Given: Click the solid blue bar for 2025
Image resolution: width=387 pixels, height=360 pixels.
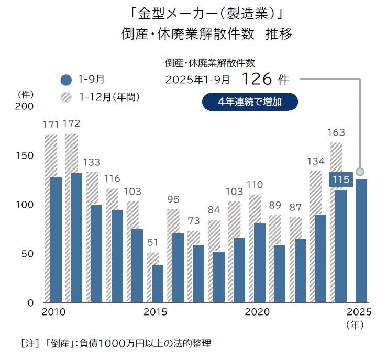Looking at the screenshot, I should (361, 241).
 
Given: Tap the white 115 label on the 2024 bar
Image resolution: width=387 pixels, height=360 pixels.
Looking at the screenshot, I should (341, 179).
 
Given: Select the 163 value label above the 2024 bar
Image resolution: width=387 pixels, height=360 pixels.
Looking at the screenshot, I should (336, 133).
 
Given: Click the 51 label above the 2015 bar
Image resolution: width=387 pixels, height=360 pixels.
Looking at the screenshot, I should (152, 243).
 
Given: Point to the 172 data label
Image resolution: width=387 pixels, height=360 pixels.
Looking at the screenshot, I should (71, 125).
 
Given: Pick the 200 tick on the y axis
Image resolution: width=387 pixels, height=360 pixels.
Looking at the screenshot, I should (24, 107).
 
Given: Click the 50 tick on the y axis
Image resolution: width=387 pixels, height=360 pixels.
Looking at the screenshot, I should (27, 254).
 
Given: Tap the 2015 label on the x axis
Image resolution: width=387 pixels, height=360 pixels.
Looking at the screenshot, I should (155, 312).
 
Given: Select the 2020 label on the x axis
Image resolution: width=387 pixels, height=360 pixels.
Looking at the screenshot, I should (257, 312).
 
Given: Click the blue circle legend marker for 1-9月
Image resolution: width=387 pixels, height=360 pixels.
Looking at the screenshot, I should (66, 80).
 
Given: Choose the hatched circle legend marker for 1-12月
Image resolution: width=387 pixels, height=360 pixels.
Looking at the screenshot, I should (66, 97).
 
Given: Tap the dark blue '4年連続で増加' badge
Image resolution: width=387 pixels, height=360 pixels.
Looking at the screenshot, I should (250, 102).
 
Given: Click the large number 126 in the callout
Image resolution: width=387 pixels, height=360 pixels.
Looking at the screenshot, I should (258, 80).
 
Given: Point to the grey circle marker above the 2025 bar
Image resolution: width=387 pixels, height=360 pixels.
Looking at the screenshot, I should (360, 172).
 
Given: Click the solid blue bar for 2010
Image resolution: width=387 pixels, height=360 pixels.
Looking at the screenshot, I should (56, 240).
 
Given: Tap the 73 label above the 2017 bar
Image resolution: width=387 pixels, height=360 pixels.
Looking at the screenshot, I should (194, 221).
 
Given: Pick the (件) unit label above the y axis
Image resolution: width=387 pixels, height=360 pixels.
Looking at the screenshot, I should (26, 95).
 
